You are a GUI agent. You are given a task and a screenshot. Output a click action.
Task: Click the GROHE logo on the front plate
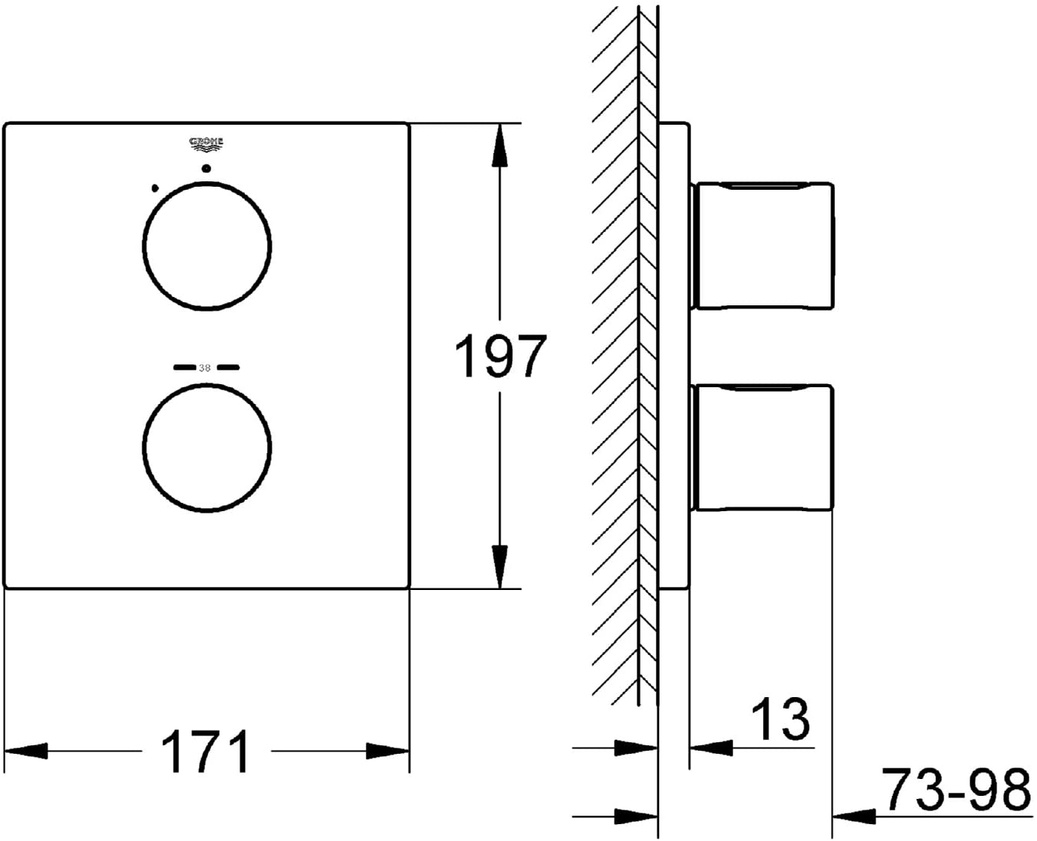point(206,144)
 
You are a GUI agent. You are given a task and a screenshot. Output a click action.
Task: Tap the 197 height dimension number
point(501,357)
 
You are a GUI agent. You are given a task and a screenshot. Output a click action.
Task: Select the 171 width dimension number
point(205,751)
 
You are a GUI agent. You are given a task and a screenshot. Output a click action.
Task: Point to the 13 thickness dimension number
point(781,719)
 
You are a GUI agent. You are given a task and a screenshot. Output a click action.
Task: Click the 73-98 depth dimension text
point(956,789)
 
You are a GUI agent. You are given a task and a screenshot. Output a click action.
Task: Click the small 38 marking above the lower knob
point(205,368)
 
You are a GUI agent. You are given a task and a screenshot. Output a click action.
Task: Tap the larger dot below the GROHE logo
point(207,168)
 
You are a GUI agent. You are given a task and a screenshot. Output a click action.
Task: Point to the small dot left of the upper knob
point(155,187)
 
